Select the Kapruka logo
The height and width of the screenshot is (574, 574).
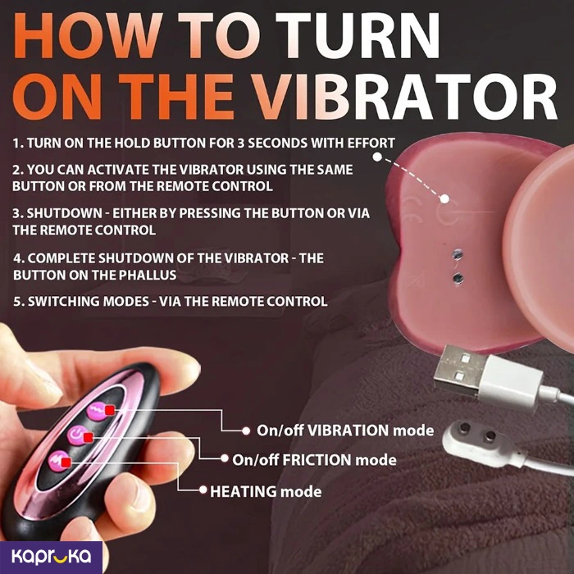click(51, 556)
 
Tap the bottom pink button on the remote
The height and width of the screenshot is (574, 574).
click(58, 461)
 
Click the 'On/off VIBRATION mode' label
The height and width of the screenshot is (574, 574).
click(345, 430)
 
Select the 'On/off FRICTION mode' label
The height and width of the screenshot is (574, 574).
click(314, 460)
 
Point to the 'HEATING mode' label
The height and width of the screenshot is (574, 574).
click(266, 491)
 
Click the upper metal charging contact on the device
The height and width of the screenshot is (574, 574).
click(458, 253)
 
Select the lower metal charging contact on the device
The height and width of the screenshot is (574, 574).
click(458, 278)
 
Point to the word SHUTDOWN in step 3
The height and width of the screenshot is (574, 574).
click(65, 213)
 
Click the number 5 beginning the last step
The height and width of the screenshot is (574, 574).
click(17, 301)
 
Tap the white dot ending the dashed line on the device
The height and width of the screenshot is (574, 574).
click(444, 198)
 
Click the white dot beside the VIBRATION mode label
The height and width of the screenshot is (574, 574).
click(246, 430)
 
